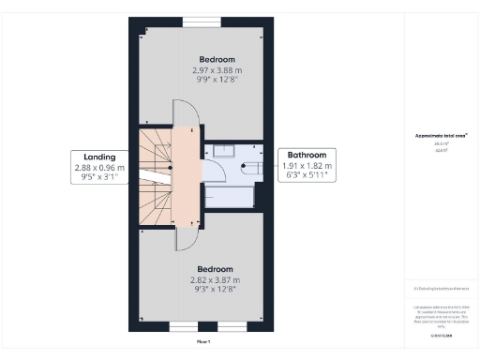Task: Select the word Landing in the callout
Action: [98, 157]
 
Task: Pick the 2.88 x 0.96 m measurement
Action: [98, 168]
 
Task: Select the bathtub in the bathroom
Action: [231, 195]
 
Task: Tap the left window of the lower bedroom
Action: [184, 328]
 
